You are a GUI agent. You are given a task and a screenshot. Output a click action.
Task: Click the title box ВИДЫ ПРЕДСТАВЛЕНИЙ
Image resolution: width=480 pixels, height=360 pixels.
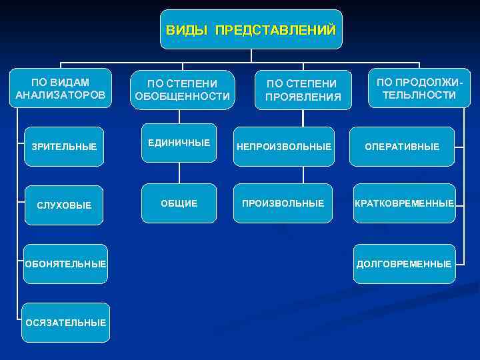(251, 30)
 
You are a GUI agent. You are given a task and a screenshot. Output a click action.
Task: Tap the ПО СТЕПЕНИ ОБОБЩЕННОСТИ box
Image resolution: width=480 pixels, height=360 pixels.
(183, 90)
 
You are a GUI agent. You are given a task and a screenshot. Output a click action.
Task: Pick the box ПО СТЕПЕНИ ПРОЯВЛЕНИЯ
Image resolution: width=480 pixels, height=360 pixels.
(303, 90)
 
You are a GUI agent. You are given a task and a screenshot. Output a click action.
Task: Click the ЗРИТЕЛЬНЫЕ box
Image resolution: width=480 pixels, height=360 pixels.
(63, 146)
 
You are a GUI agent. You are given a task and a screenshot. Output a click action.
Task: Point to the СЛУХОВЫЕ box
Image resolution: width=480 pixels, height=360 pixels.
(63, 205)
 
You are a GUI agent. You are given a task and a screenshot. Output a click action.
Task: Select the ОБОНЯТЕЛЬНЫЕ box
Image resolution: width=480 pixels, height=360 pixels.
(65, 263)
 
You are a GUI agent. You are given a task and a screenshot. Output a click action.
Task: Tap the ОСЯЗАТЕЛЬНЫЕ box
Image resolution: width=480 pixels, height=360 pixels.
(65, 323)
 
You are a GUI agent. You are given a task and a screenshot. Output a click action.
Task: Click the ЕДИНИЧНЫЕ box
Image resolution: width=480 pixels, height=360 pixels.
(179, 143)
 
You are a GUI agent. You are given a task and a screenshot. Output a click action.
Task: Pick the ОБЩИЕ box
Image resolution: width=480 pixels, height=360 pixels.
(179, 203)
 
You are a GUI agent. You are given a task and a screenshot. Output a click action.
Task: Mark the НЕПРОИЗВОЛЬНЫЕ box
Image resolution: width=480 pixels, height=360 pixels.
(283, 146)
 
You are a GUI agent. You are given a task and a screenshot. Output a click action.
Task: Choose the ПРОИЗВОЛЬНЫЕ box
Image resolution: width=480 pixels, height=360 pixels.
(283, 203)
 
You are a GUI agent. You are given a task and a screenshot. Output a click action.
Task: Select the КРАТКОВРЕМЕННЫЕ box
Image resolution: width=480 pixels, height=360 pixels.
(404, 203)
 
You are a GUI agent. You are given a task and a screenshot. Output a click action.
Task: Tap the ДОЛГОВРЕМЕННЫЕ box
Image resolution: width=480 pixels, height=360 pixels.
(404, 263)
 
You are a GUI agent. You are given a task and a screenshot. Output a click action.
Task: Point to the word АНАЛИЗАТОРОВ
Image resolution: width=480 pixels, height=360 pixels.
(61, 95)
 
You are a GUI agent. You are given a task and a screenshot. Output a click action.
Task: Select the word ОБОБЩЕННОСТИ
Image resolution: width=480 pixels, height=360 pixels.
(183, 97)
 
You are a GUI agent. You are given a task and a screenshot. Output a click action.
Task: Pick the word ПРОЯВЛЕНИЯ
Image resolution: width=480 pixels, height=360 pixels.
(303, 97)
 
